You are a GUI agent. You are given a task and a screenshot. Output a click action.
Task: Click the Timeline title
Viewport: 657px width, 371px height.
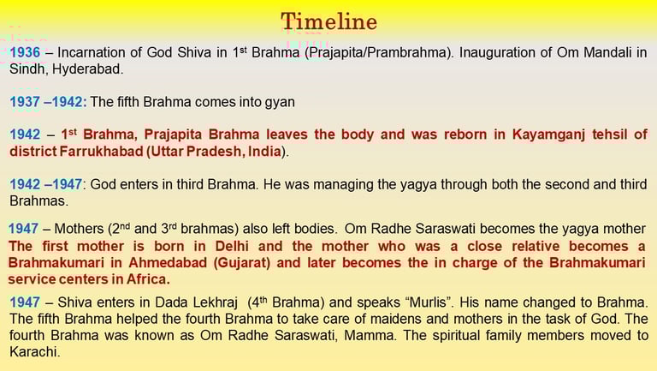pyautogui.click(x=328, y=21)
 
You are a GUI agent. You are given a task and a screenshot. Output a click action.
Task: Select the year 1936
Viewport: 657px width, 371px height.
pyautogui.click(x=25, y=52)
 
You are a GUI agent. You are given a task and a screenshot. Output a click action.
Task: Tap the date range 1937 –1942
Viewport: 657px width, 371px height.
pyautogui.click(x=48, y=102)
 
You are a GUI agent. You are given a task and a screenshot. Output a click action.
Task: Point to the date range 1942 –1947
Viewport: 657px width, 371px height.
pyautogui.click(x=46, y=184)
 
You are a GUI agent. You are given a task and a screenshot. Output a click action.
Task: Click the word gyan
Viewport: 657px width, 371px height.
pyautogui.click(x=280, y=103)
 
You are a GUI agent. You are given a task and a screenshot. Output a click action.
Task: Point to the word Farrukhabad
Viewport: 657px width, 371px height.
pyautogui.click(x=102, y=151)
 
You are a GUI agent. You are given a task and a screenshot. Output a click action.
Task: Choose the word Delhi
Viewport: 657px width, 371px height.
pyautogui.click(x=232, y=246)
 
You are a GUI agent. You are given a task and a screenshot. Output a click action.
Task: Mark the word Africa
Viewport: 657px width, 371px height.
pyautogui.click(x=147, y=279)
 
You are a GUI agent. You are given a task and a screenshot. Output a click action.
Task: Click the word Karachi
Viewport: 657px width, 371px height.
pyautogui.click(x=35, y=351)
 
